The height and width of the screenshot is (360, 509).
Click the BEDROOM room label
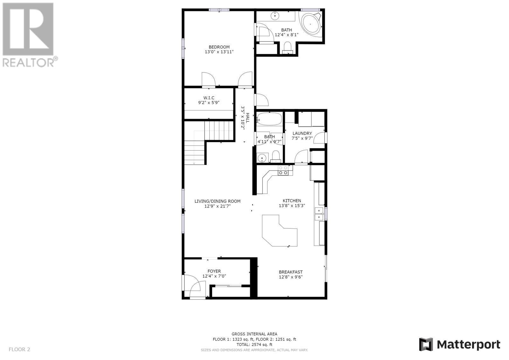(x=219, y=47)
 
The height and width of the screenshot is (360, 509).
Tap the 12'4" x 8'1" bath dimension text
(x=286, y=35)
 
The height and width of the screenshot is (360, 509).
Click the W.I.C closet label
(x=209, y=98)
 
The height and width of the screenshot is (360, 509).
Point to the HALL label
(x=248, y=118)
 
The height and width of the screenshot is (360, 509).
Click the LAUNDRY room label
(x=302, y=133)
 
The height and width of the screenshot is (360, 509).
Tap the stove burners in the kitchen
(x=283, y=170)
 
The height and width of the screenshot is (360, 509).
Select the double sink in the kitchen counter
(x=319, y=214)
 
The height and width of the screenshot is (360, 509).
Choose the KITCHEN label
(x=292, y=201)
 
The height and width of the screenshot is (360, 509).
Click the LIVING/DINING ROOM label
(x=218, y=201)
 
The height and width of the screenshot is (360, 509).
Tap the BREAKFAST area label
(x=291, y=272)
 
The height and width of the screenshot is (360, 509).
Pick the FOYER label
(x=214, y=271)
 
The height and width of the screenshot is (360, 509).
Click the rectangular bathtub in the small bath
(x=269, y=119)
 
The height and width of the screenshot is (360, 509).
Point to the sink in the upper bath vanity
(x=275, y=16)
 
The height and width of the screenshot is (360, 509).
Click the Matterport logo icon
(x=426, y=344)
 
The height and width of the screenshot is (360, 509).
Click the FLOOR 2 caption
(x=19, y=349)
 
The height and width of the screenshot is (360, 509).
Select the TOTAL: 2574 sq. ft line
(x=254, y=344)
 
